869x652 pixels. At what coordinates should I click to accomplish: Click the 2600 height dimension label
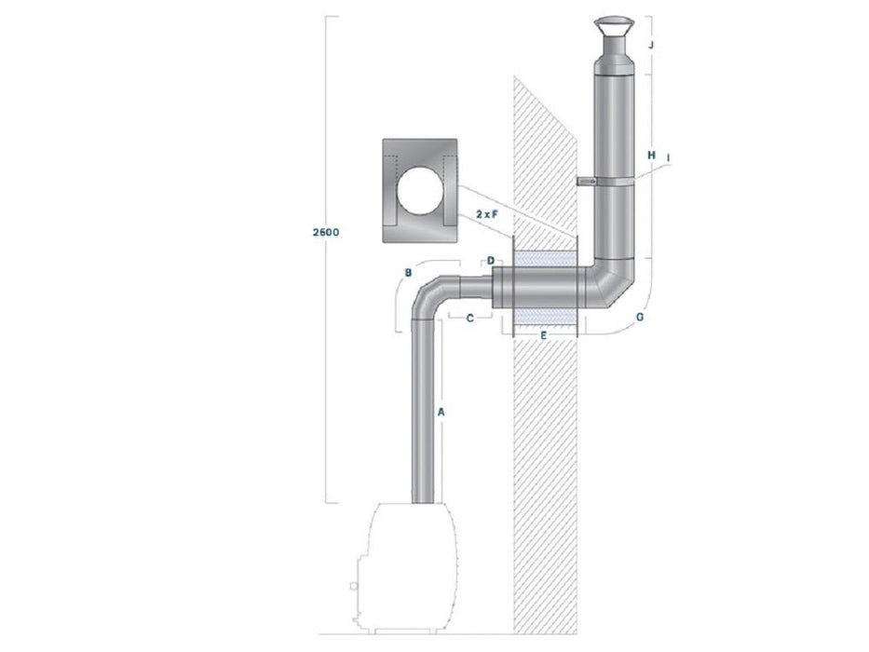[325, 230]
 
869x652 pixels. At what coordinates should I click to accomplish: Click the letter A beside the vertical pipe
[443, 411]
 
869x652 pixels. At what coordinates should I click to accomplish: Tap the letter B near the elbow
[408, 273]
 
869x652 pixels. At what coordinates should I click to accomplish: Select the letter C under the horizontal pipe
[470, 319]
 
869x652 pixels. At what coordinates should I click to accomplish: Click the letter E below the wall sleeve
[545, 333]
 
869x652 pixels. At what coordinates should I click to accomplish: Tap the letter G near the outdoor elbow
[639, 318]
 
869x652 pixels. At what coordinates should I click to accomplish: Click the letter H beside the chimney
[651, 154]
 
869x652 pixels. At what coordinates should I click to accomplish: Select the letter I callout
[670, 157]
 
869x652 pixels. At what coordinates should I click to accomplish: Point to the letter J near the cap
[653, 44]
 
